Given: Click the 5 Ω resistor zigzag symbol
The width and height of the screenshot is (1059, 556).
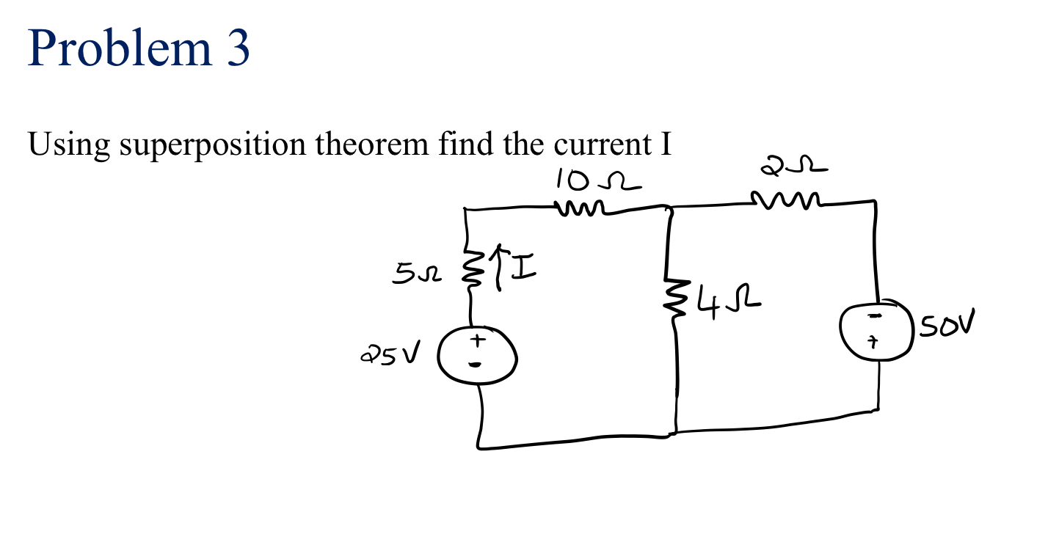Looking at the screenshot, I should (470, 271).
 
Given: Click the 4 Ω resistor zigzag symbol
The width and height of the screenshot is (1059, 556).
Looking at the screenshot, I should (672, 295).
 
